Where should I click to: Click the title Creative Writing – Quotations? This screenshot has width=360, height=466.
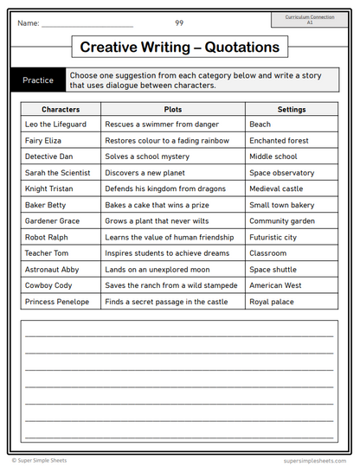(x=180, y=47)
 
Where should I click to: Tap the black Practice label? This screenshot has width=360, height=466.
(x=38, y=80)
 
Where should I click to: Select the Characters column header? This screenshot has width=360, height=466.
(x=61, y=110)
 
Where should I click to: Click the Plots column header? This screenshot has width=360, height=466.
(x=173, y=110)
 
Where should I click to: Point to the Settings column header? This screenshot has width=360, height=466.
(x=292, y=110)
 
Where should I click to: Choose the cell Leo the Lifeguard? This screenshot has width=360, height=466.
(x=56, y=124)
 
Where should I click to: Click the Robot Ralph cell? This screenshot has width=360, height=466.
(x=48, y=237)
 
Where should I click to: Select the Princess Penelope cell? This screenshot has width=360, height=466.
(x=57, y=302)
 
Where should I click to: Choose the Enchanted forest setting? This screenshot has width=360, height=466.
(x=279, y=140)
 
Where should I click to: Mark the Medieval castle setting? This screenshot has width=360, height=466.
(x=276, y=188)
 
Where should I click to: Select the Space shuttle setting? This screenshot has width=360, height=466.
(x=273, y=270)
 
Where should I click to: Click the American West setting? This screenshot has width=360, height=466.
(x=275, y=285)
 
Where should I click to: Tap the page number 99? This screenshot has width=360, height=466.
(x=179, y=22)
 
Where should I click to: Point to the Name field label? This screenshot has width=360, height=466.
(x=29, y=23)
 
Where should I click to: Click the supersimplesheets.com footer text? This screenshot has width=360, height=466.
(x=315, y=461)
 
